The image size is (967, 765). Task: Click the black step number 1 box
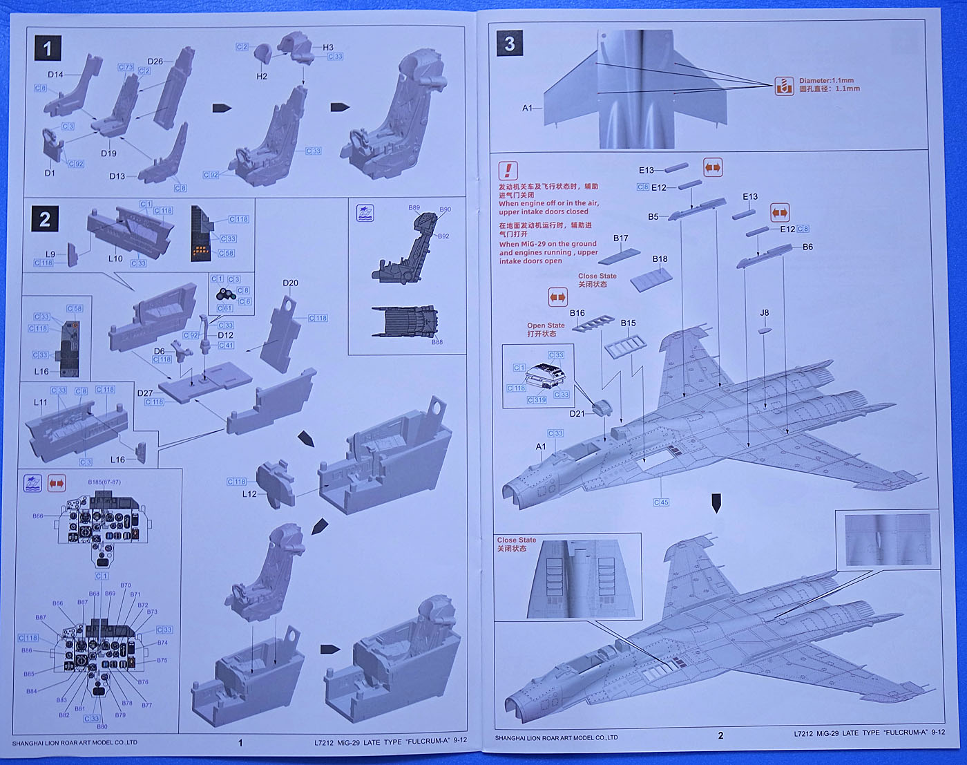point(48,49)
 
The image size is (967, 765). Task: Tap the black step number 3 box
point(510,44)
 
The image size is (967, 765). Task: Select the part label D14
point(55,75)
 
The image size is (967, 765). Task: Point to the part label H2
point(262,76)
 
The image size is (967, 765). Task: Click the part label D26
point(155,62)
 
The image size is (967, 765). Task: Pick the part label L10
point(115,258)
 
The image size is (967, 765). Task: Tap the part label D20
point(290,283)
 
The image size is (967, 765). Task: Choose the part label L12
point(249,494)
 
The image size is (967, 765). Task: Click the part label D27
point(145,393)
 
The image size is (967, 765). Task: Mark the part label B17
point(621,238)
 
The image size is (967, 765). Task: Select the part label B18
point(660,259)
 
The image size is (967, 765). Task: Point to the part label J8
point(764,313)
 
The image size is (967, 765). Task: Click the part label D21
point(577,414)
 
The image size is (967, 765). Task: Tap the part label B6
point(807,247)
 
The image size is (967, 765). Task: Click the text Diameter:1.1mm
point(826,81)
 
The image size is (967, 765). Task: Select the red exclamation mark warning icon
point(508,170)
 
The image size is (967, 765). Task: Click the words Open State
point(546,325)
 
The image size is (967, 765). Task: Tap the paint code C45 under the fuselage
point(661,502)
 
